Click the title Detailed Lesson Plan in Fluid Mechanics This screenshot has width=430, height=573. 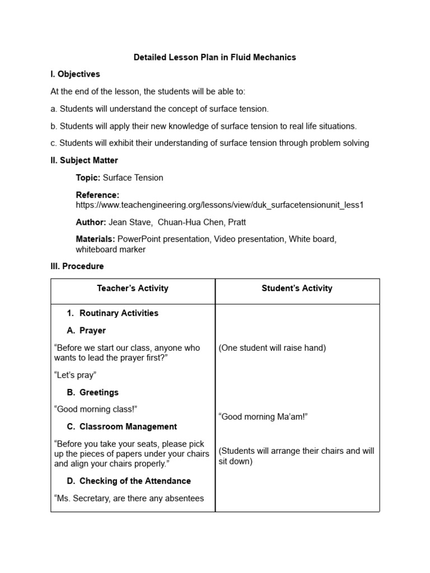pos(215,57)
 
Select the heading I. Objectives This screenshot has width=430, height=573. pos(75,74)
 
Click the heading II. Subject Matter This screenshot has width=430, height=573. pos(84,161)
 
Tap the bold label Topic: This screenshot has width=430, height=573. pos(88,178)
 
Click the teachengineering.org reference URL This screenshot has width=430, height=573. pos(219,205)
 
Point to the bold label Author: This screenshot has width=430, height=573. pos(91,222)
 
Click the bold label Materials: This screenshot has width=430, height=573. pos(96,239)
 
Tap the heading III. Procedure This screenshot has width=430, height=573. pos(77,266)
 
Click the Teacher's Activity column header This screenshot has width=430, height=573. pos(133,288)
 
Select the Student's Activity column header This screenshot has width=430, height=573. pos(297,288)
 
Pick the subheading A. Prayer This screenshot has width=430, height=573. pos(86,331)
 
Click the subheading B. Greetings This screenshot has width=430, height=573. pos(93,392)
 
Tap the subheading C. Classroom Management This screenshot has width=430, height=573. pos(121,427)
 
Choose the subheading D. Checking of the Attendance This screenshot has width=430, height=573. pos(129,481)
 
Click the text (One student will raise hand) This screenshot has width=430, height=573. pos(272,348)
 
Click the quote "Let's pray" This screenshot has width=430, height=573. pos(75,375)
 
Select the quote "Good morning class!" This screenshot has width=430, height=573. pos(95,410)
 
